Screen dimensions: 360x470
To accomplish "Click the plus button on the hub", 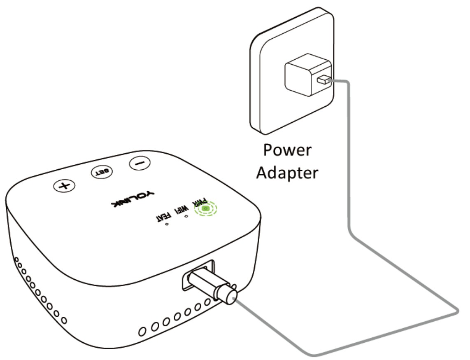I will (x=64, y=186).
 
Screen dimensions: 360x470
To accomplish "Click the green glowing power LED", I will (x=205, y=209).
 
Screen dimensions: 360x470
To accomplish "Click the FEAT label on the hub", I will (x=161, y=216).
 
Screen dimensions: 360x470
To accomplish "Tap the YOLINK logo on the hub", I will (x=132, y=198).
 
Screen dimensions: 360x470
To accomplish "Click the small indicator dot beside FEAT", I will (x=168, y=225).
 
